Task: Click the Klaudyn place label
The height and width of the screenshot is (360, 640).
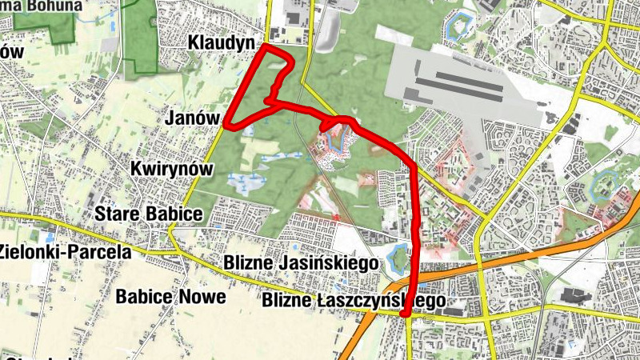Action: point(222,42)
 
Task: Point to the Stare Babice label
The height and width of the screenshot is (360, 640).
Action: point(149,214)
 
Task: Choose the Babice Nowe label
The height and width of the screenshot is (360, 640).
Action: point(170,296)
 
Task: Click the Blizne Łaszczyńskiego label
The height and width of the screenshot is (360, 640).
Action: point(353,302)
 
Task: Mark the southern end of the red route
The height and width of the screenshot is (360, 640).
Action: point(406,314)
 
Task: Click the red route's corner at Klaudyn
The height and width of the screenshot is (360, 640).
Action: point(266,48)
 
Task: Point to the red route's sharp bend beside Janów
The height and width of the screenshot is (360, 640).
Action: point(227,124)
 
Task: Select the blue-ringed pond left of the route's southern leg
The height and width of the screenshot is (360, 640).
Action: point(397,258)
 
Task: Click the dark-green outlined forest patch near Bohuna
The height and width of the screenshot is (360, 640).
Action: point(141,36)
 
